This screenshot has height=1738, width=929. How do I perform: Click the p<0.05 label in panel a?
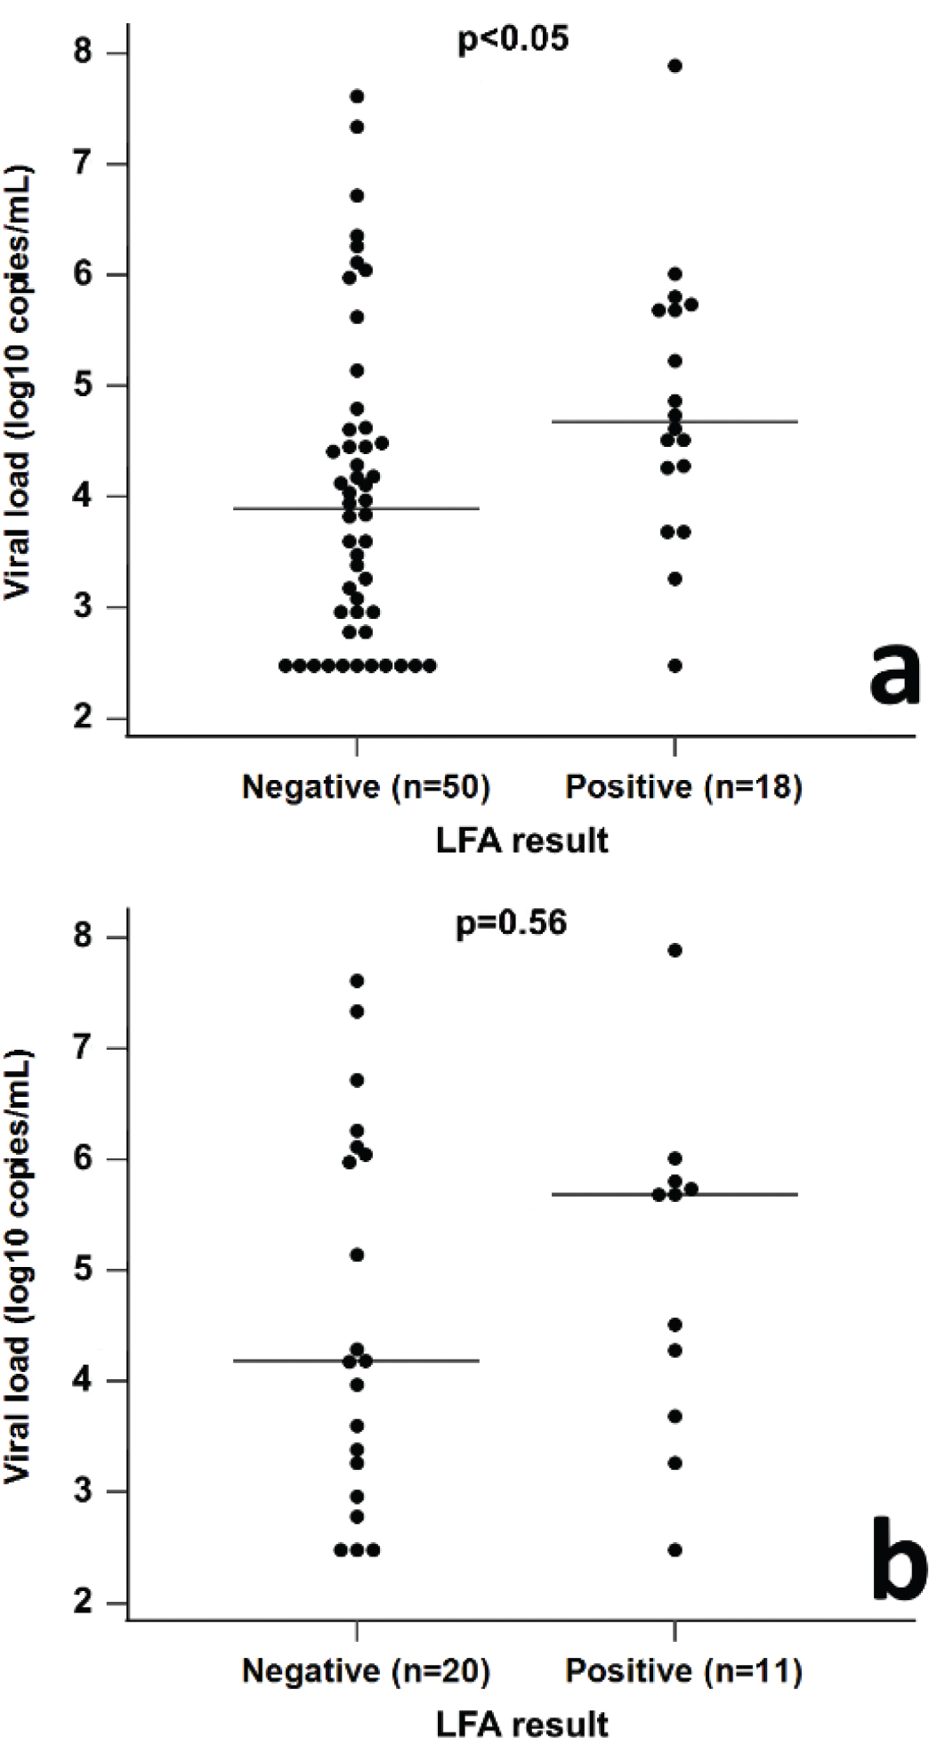point(513,40)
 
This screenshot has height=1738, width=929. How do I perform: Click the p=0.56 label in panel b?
point(512,922)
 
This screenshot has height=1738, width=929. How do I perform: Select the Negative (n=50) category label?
point(366,787)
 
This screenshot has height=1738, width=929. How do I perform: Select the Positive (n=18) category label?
point(684,787)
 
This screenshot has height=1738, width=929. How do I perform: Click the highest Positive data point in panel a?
point(675,66)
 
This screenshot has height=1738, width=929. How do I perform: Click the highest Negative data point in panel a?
point(357,96)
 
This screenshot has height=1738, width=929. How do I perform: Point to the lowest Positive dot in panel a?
point(675,666)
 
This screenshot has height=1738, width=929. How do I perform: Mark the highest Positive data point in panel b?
point(675,950)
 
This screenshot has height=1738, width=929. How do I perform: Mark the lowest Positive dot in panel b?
point(675,1550)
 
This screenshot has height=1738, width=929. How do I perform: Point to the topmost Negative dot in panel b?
point(357,980)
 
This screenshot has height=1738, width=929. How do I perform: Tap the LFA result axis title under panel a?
point(522,841)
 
